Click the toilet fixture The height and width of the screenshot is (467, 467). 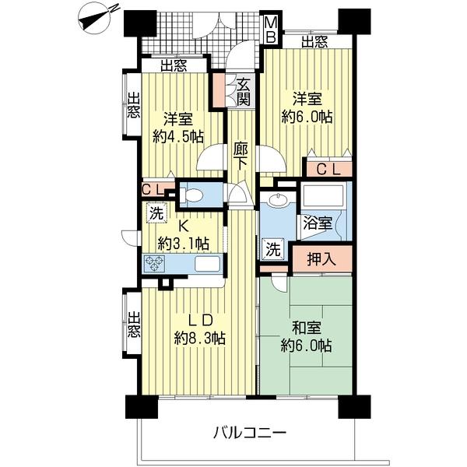click(x=195, y=195)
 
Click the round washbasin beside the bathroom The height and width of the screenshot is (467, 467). click(x=274, y=201)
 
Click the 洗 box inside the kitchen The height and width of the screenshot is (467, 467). click(x=153, y=209)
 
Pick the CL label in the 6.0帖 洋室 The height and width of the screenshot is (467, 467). click(x=325, y=167)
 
